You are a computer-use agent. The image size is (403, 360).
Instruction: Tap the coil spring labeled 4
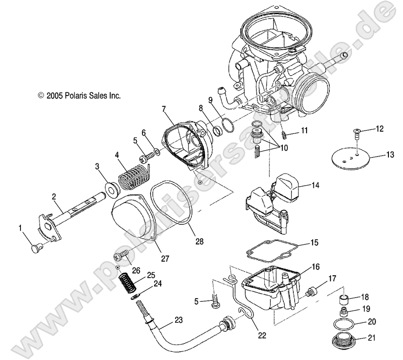(x=134, y=177)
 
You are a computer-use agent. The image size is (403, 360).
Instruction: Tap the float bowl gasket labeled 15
(x=272, y=249)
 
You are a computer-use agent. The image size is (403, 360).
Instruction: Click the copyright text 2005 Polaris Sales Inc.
(x=79, y=96)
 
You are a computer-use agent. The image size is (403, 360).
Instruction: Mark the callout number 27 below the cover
(x=165, y=258)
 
